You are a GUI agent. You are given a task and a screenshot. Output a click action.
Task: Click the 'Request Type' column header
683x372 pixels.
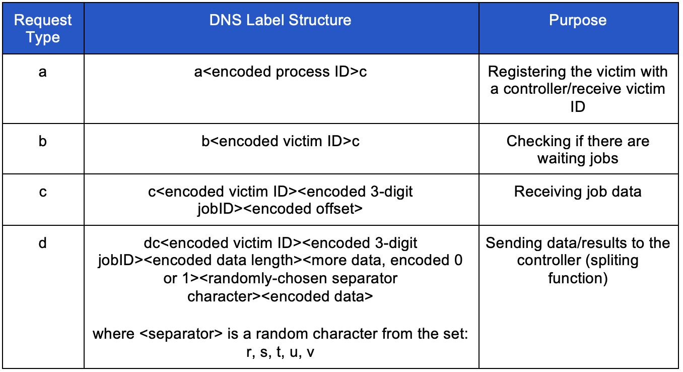(x=43, y=29)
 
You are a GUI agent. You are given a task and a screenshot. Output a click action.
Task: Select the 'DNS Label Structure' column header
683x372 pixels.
(x=281, y=20)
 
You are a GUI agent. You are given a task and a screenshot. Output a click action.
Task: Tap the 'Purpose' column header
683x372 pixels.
(x=578, y=20)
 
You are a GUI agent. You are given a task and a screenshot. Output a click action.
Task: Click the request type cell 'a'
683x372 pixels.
(x=43, y=72)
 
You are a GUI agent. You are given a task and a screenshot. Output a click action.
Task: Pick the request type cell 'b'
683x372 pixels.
(x=43, y=141)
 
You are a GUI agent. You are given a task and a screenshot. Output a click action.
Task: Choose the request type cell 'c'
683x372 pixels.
(x=43, y=192)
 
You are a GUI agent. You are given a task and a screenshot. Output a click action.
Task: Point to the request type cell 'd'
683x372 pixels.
(x=43, y=243)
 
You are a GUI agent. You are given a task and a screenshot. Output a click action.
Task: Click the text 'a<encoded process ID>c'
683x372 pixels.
(x=281, y=72)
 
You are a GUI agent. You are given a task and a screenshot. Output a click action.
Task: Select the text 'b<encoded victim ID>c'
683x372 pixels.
(x=281, y=141)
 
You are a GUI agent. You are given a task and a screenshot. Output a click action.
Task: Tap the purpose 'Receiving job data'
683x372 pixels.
(x=578, y=192)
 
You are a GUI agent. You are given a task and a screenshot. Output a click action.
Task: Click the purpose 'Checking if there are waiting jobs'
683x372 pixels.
(x=578, y=150)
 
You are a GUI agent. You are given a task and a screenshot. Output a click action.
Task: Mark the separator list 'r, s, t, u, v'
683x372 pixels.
(x=281, y=352)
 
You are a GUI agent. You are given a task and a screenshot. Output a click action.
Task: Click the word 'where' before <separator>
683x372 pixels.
(x=112, y=334)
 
